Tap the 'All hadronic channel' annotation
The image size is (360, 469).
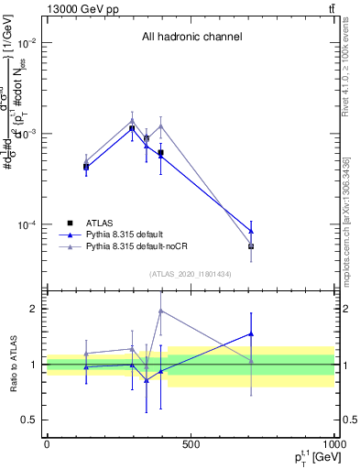pyautogui.click(x=191, y=38)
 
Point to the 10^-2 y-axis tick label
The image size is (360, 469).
pyautogui.click(x=26, y=43)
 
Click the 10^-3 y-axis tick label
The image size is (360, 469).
pyautogui.click(x=26, y=134)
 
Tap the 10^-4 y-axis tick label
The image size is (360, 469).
pyautogui.click(x=26, y=225)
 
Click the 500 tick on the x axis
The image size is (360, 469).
pyautogui.click(x=191, y=445)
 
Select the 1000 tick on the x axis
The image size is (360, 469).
pyautogui.click(x=333, y=445)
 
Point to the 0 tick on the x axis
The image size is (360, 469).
pyautogui.click(x=47, y=445)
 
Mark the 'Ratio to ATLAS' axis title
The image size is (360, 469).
pyautogui.click(x=11, y=365)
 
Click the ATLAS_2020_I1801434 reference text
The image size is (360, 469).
pyautogui.click(x=191, y=274)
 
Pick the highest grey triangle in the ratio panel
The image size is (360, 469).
pyautogui.click(x=160, y=311)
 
